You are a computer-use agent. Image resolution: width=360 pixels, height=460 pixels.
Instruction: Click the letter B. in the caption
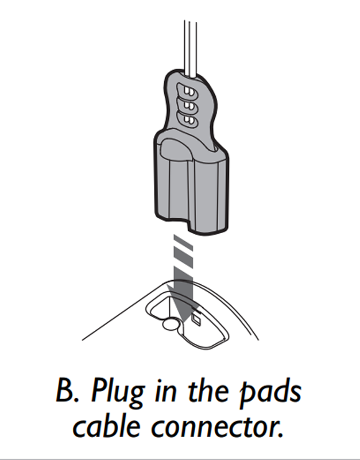tap(67, 393)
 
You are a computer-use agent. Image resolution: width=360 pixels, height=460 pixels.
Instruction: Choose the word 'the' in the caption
tap(210, 393)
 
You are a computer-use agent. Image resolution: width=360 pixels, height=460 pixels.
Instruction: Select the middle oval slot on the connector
tap(188, 106)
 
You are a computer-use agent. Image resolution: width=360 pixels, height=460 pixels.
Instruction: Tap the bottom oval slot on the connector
tap(188, 119)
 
